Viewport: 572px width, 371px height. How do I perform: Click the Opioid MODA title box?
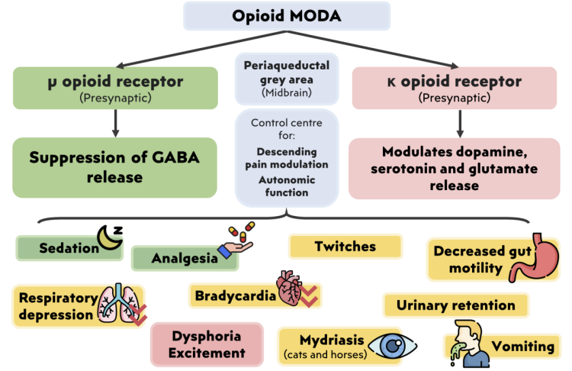point(286,16)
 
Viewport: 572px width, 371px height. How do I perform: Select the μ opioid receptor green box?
point(114,87)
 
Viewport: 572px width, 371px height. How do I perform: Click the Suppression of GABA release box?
point(114,167)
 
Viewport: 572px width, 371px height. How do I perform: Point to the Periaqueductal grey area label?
point(286,77)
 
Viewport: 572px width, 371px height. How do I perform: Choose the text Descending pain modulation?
point(286,158)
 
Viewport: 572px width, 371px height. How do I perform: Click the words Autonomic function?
point(286,186)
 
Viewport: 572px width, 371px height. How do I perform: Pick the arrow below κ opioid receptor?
point(460,122)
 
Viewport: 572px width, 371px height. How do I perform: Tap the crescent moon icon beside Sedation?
point(110,240)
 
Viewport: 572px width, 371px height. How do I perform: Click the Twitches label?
point(345,246)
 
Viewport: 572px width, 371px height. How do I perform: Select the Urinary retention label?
point(455,305)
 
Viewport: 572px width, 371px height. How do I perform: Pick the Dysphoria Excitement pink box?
point(207,344)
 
